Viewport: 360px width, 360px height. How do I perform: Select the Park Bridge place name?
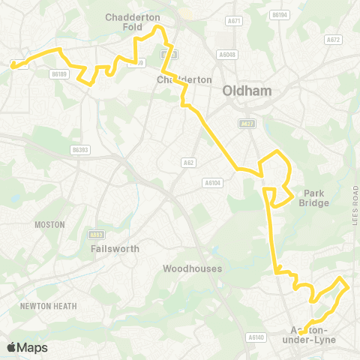click(x=315, y=196)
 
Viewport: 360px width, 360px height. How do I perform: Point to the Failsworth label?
click(x=111, y=247)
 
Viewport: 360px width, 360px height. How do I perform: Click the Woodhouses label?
click(x=190, y=268)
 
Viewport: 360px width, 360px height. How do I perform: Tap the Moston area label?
click(x=50, y=224)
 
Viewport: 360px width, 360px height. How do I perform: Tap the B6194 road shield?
click(x=279, y=15)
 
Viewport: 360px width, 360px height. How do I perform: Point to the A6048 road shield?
click(x=227, y=54)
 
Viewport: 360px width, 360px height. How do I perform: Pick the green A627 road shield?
click(x=247, y=124)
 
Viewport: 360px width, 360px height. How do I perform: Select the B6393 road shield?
click(x=80, y=150)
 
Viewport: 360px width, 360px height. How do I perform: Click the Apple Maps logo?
click(x=26, y=347)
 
